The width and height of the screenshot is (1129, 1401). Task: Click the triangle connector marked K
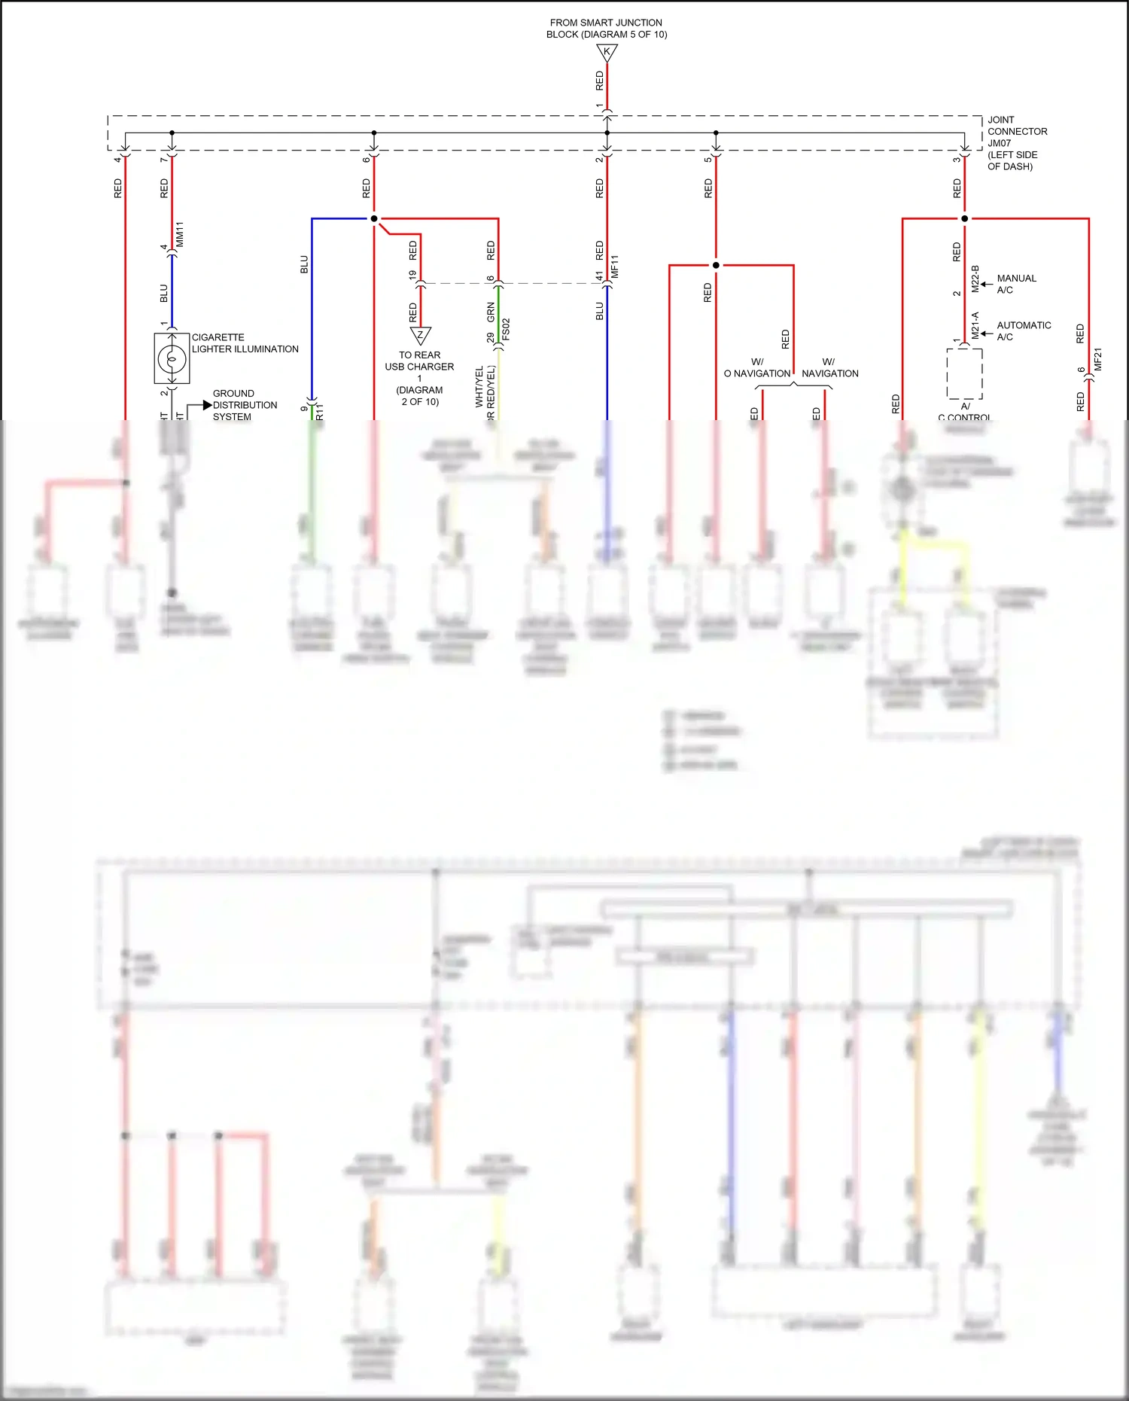point(607,53)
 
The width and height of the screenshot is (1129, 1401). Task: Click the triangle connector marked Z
point(420,335)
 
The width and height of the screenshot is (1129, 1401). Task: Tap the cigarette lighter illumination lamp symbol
point(172,359)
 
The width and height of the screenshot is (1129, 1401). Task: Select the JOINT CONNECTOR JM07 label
point(1017,143)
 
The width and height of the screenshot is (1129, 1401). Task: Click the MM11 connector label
point(180,234)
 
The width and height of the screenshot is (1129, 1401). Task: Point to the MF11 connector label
point(615,267)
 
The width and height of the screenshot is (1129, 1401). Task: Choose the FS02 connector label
point(506,329)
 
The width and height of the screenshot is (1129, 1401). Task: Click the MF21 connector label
point(1097,359)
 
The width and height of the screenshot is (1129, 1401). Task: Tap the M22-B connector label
point(975,279)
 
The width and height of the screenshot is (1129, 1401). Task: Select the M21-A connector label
point(975,325)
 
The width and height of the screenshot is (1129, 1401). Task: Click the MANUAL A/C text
point(1016,284)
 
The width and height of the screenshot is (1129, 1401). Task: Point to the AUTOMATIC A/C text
point(1024,330)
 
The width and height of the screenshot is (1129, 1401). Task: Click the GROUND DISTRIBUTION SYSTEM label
point(245,405)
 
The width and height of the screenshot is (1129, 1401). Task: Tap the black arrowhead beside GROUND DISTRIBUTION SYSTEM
point(208,405)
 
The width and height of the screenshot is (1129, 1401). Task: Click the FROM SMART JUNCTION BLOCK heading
point(607,29)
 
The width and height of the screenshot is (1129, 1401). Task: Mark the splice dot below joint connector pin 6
point(374,219)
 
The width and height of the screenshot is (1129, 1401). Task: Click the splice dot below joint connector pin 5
point(716,265)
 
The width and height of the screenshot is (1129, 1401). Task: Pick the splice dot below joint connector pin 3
point(965,219)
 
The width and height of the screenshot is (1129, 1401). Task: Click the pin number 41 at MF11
point(600,276)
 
